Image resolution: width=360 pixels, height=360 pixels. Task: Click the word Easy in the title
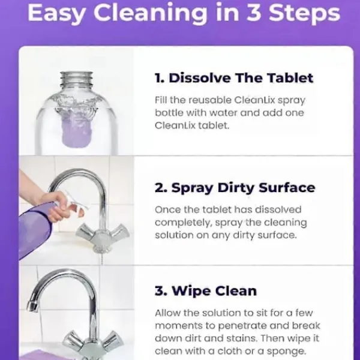56,13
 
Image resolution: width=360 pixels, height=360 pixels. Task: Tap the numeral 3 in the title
254,12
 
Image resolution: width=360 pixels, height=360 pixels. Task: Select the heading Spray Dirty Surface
235,188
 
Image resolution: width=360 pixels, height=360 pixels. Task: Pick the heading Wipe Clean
206,291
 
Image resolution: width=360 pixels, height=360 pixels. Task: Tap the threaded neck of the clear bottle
76,80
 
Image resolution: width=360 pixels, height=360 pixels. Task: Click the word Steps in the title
304,13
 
